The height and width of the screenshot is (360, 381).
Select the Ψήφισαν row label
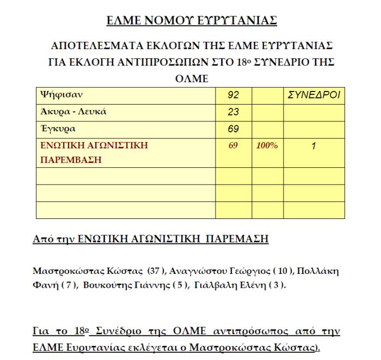tap(62, 95)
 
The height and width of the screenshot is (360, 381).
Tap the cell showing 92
tap(233, 95)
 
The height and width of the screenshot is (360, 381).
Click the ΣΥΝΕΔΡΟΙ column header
tap(314, 95)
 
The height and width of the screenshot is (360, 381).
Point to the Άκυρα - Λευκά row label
tap(73, 112)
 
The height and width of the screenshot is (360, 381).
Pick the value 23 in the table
tap(233, 112)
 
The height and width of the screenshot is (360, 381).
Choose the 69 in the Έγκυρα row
tap(233, 130)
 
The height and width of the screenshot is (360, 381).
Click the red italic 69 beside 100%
tap(233, 146)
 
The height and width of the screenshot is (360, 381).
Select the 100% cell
tap(267, 146)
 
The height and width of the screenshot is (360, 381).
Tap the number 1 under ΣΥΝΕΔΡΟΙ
tap(314, 146)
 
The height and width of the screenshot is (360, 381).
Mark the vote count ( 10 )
tap(282, 271)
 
